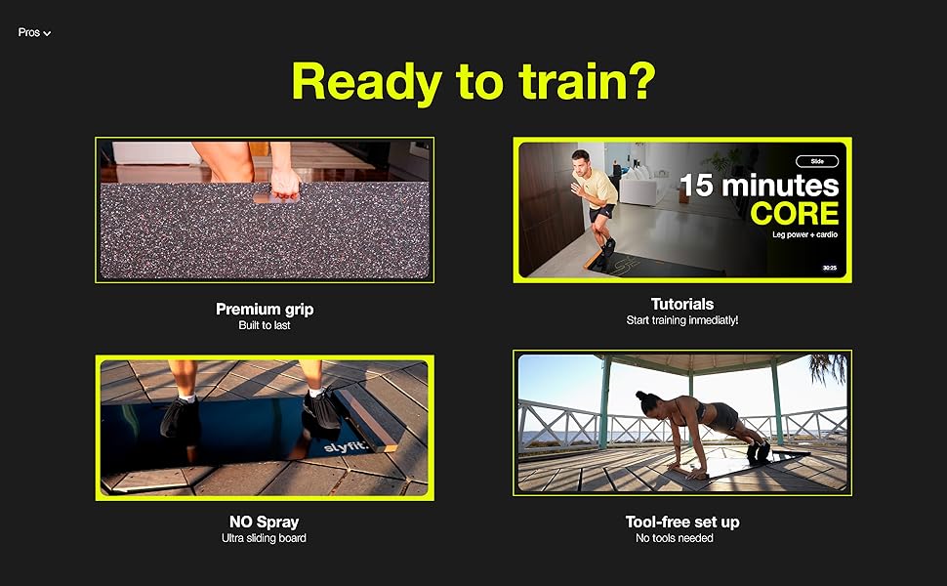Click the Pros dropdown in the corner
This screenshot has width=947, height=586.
[34, 32]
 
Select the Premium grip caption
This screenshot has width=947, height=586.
[265, 310]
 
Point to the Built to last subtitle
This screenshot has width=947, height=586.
[265, 325]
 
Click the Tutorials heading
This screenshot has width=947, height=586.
[682, 304]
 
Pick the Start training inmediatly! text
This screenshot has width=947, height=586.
[682, 320]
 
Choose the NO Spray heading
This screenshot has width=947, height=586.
[264, 522]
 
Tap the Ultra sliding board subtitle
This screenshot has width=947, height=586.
[264, 538]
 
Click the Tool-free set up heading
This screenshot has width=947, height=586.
[682, 522]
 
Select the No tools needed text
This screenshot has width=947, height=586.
[675, 538]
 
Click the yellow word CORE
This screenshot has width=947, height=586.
[795, 213]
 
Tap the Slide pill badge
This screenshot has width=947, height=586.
[817, 161]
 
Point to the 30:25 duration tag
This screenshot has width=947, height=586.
[830, 268]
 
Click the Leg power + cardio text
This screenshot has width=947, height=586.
[805, 234]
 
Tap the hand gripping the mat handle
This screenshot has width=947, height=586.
[285, 183]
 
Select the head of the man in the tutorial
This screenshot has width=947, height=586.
[580, 162]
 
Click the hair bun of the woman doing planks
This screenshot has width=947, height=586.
[639, 396]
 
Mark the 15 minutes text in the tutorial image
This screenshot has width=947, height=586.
[760, 186]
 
